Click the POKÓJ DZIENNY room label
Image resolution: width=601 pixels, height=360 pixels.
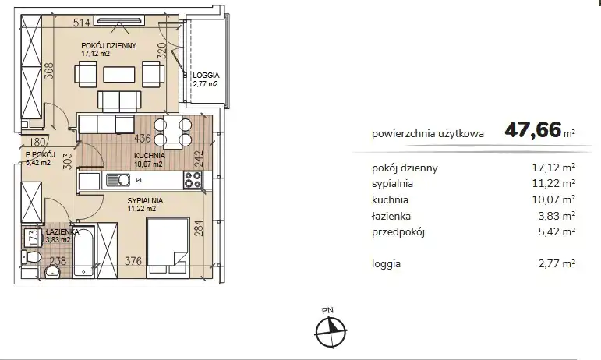109,45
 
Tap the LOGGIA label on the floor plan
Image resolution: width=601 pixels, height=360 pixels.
206,76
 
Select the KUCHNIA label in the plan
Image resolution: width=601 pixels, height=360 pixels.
150,156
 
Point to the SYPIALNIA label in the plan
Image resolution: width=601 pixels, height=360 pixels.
145,201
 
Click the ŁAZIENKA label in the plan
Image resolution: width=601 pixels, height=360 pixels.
62,231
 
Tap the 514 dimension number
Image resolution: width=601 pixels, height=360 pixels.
82,23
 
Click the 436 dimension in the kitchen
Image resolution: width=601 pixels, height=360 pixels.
142,138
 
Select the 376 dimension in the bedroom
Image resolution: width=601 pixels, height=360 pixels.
133,261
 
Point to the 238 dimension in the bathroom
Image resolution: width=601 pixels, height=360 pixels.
58,261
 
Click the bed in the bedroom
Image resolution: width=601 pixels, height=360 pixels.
168,246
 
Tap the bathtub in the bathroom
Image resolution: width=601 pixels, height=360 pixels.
83,252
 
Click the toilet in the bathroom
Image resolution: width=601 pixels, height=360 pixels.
30,257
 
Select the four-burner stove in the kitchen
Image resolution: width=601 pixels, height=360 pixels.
193,180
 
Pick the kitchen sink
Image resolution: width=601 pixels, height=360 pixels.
118,180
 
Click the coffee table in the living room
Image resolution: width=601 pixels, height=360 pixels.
119,75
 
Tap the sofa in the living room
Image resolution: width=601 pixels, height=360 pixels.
119,101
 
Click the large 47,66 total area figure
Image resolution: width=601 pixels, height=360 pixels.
533,130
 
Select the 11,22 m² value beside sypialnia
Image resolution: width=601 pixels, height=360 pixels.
553,183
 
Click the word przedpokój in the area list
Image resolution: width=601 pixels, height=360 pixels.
398,232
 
